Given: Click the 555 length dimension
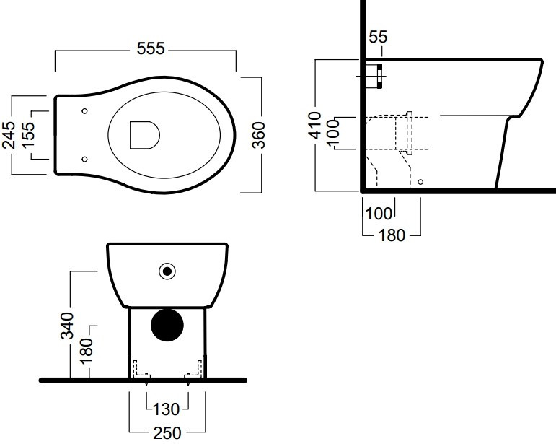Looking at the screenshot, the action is point(151,48).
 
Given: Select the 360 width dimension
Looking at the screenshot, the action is point(259,135).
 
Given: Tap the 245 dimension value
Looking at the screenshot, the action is point(9,135).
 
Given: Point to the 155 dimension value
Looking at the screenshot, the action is point(27,135).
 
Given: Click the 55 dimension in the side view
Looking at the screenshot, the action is point(378,37).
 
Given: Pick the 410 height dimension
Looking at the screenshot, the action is point(314,126).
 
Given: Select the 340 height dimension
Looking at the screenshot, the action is point(67,326).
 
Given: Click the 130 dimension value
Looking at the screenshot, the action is point(167,409).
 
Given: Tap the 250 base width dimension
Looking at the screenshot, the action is point(167,432).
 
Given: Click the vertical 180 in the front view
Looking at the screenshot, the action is point(86,351).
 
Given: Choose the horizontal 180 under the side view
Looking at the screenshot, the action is point(392,235).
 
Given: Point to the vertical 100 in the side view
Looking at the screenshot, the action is point(332,133).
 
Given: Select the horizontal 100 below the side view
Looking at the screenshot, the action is point(379,214).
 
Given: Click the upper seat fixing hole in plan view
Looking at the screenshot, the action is point(85,111).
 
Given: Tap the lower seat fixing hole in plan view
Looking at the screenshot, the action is point(85,159).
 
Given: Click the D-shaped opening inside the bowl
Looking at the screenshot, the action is point(145,135).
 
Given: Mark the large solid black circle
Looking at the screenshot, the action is point(167,325).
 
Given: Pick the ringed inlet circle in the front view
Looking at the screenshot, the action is point(167,271).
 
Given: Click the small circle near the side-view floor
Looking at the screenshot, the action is point(420,182).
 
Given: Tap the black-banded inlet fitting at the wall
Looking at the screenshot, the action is point(374,77).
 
